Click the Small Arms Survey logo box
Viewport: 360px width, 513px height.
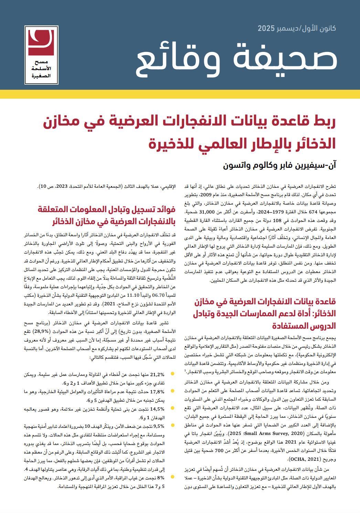pyautogui.click(x=41, y=55)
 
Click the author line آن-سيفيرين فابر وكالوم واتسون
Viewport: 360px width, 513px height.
pyautogui.click(x=279, y=165)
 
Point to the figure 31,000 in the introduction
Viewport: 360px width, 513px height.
pyautogui.click(x=207, y=212)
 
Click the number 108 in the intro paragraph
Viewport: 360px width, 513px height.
pyautogui.click(x=277, y=221)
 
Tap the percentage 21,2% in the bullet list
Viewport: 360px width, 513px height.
pyautogui.click(x=157, y=374)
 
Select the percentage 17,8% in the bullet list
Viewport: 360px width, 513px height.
pyautogui.click(x=157, y=392)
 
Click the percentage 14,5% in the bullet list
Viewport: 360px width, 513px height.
pyautogui.click(x=157, y=409)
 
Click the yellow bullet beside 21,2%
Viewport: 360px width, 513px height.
pyautogui.click(x=172, y=374)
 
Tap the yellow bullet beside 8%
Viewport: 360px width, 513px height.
pyautogui.click(x=172, y=477)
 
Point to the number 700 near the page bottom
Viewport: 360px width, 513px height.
pyautogui.click(x=229, y=450)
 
